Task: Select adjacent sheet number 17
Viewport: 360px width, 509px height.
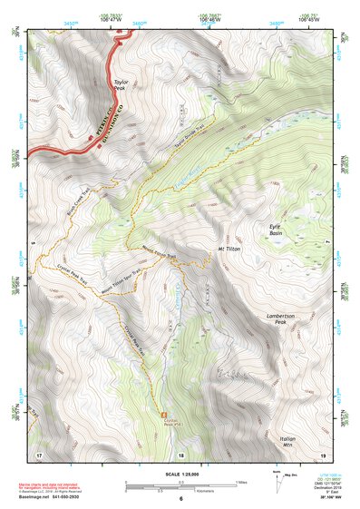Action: click(x=39, y=454)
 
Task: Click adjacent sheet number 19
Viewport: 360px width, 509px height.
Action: click(x=322, y=454)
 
